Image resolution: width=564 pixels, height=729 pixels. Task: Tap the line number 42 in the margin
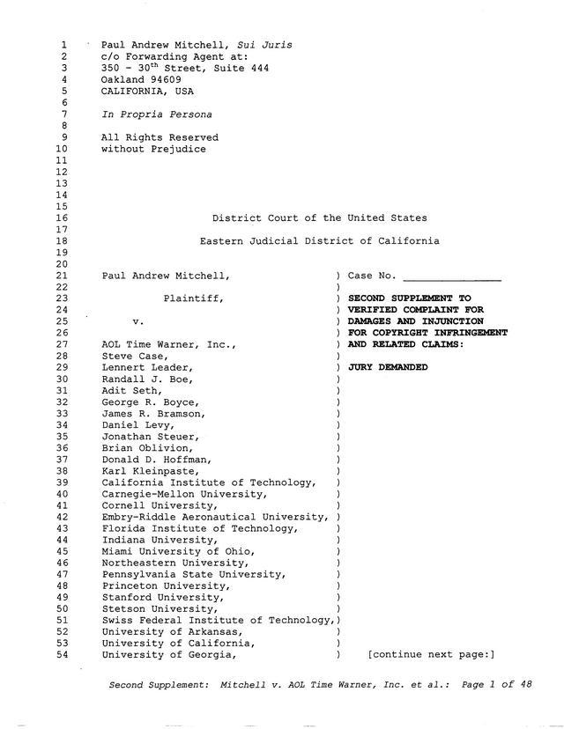(62, 517)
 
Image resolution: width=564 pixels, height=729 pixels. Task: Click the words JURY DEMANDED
(388, 367)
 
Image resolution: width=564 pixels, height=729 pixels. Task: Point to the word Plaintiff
(193, 298)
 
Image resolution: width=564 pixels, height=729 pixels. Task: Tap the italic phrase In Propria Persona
(156, 114)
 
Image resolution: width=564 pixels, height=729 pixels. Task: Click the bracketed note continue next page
(431, 654)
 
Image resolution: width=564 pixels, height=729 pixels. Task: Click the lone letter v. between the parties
(138, 321)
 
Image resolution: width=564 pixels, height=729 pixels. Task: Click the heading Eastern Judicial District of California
(319, 240)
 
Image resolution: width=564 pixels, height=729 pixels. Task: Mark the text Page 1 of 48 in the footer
(498, 684)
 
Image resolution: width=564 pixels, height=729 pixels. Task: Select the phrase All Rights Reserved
(160, 137)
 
